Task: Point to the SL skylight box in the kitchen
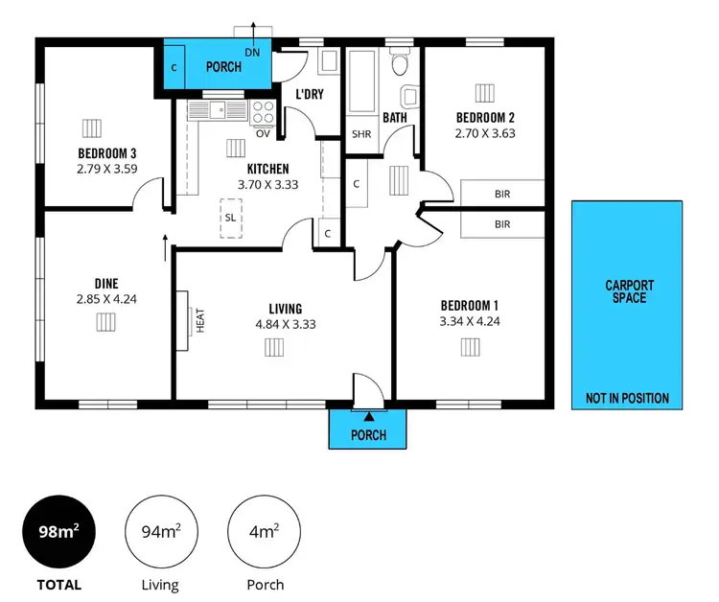coord(230,217)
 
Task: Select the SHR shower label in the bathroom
coord(361,134)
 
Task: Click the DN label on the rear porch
coord(252,53)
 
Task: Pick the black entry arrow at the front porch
coord(368,415)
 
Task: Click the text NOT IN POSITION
coord(627,399)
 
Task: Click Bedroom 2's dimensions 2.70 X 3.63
coord(485,134)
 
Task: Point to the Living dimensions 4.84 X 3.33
coord(286,324)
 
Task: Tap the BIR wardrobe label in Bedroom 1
coord(502,224)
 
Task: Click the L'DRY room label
coord(309,93)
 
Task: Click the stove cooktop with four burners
coord(263,112)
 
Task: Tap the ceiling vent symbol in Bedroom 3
coord(91,127)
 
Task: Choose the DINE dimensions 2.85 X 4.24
coord(105,299)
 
